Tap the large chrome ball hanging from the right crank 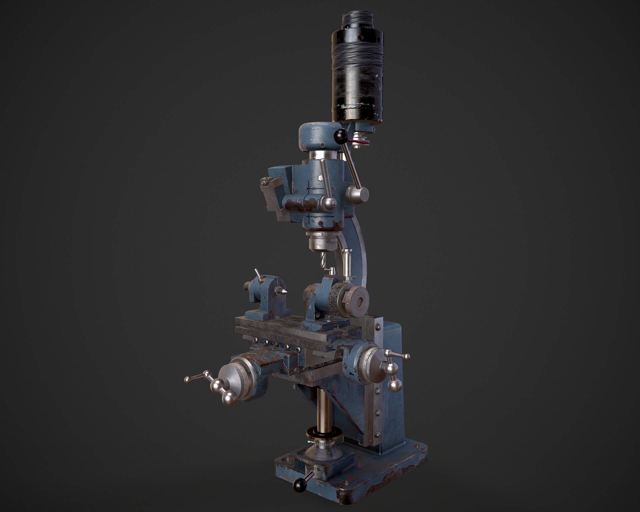click(395, 385)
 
